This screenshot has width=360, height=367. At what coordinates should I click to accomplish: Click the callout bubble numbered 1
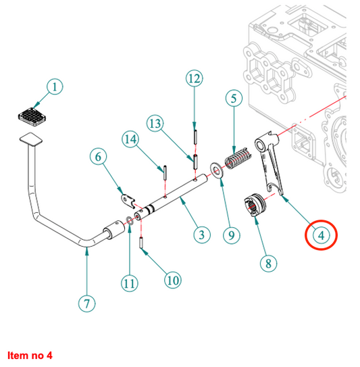55,87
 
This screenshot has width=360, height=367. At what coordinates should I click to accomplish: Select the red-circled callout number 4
322,235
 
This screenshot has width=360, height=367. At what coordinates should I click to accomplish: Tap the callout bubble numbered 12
195,78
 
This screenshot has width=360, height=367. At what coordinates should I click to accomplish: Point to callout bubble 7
86,303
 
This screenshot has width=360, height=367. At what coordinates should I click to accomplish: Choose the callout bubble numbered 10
173,280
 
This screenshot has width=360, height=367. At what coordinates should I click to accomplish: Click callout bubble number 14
130,139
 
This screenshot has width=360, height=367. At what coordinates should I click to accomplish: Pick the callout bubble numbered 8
268,264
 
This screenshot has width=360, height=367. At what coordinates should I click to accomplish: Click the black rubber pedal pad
32,117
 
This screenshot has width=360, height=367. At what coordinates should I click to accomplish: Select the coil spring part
238,158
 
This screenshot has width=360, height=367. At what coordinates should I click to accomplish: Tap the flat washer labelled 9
216,170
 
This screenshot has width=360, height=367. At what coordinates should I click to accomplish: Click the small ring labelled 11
130,220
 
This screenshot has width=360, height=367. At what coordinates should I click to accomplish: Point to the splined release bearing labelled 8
255,205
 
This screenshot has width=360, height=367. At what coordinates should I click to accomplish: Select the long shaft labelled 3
170,197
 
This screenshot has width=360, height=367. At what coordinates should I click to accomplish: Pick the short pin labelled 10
141,243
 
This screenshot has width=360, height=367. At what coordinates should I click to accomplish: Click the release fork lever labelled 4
269,162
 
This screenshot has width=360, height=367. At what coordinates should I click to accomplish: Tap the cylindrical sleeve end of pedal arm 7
113,230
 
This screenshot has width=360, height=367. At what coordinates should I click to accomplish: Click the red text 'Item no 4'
30,356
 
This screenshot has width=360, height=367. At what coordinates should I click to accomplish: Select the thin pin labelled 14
165,172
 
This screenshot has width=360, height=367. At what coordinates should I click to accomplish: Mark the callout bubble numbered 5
234,98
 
